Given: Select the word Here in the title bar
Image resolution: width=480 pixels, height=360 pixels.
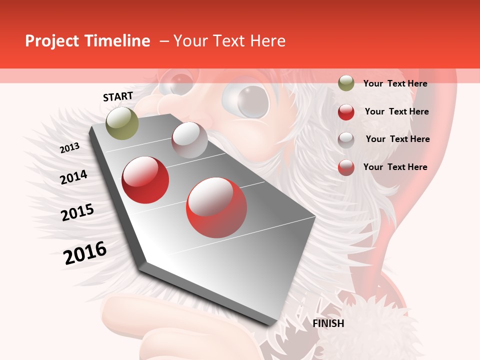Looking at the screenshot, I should [268, 41].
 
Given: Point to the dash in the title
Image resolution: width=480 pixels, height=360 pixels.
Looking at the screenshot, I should [163, 41].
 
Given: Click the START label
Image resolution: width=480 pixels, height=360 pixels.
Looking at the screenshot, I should [118, 96].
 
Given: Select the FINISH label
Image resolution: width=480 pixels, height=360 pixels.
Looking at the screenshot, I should [328, 323].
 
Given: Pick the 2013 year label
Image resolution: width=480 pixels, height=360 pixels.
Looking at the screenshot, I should [69, 148].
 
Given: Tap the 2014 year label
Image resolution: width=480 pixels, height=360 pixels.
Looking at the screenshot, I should [74, 177].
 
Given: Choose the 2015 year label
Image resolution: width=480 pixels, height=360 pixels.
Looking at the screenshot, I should [77, 212].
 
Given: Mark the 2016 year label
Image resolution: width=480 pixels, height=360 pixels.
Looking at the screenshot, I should [85, 253].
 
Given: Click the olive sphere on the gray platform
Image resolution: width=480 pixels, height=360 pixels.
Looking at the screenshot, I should [122, 123].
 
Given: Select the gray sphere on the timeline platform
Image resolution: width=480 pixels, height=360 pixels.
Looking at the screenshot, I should [189, 140].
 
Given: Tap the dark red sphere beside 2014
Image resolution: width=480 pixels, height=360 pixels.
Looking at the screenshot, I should [145, 180].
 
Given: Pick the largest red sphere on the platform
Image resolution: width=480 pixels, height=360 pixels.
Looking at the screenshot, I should [216, 207].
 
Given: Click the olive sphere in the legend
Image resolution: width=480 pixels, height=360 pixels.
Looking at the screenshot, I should [346, 83].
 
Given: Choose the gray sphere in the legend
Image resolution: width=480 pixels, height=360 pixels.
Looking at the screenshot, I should [346, 140].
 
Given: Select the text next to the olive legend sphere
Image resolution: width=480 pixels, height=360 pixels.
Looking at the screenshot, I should [395, 83].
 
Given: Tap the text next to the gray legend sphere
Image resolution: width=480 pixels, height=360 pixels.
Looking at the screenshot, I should [397, 139].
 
